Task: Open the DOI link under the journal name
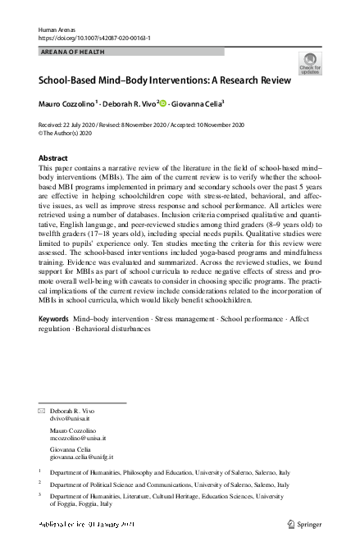[x=94, y=38]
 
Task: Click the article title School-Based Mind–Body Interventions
[x=164, y=80]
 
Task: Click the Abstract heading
[x=53, y=157]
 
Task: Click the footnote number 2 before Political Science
[x=40, y=484]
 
